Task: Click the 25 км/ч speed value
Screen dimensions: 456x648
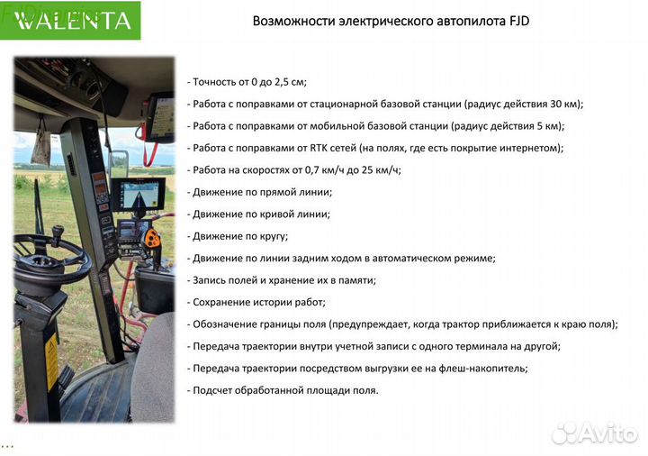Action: coord(381,169)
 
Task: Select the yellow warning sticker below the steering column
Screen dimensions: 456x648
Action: coord(51,360)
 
